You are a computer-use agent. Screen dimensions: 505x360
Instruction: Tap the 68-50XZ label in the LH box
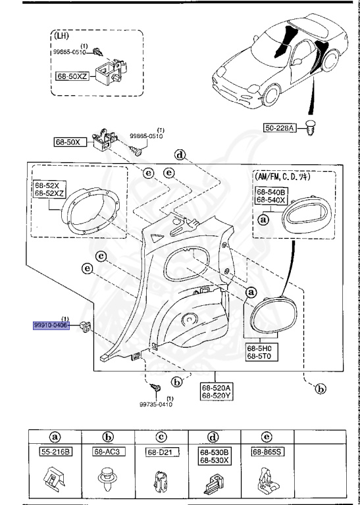click(73, 77)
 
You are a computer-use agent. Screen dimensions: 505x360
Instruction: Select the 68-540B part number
click(269, 191)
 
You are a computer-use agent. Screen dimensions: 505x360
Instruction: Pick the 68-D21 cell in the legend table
click(159, 452)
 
